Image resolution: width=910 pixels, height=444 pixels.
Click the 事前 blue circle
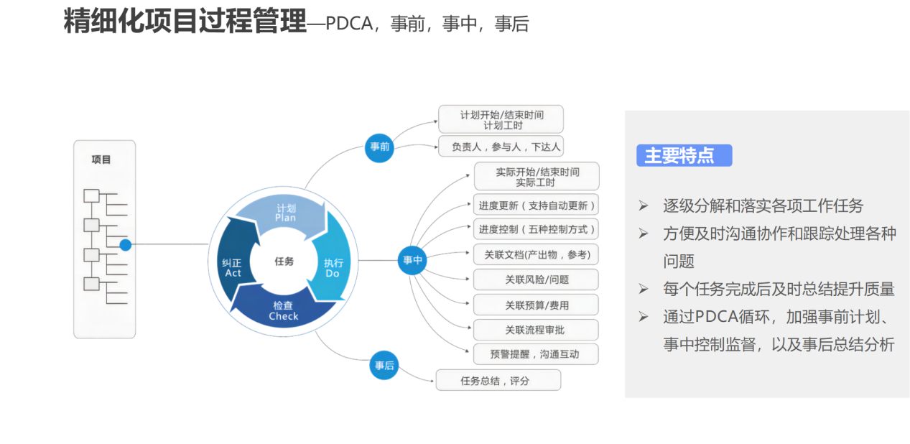click(x=380, y=147)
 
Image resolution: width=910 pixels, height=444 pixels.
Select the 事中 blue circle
click(x=412, y=260)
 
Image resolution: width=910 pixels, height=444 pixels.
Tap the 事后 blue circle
click(x=384, y=365)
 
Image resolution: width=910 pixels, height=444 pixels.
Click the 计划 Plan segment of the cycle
click(x=285, y=213)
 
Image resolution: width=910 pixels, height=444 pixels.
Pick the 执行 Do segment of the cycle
click(x=332, y=268)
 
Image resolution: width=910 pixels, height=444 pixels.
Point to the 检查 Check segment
click(x=283, y=311)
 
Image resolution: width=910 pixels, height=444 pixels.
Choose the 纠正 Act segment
click(x=233, y=267)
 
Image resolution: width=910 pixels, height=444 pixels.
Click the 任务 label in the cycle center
click(x=284, y=262)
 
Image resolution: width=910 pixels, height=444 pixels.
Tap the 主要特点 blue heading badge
click(x=684, y=155)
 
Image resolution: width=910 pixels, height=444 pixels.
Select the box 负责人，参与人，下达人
click(x=501, y=147)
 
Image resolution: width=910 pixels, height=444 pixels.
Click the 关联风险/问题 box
click(x=536, y=279)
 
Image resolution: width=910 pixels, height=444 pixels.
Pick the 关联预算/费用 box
click(x=536, y=305)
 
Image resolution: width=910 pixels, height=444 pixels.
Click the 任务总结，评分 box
click(x=498, y=381)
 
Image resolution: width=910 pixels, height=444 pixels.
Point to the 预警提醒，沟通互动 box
click(x=536, y=353)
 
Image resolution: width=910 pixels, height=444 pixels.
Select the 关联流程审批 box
click(x=536, y=330)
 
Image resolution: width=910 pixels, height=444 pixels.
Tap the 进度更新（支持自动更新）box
click(x=536, y=205)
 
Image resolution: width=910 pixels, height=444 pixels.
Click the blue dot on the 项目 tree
click(x=126, y=245)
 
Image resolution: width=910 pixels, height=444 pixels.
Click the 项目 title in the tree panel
click(x=102, y=159)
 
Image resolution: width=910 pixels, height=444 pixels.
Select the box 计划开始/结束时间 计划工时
click(x=501, y=119)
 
